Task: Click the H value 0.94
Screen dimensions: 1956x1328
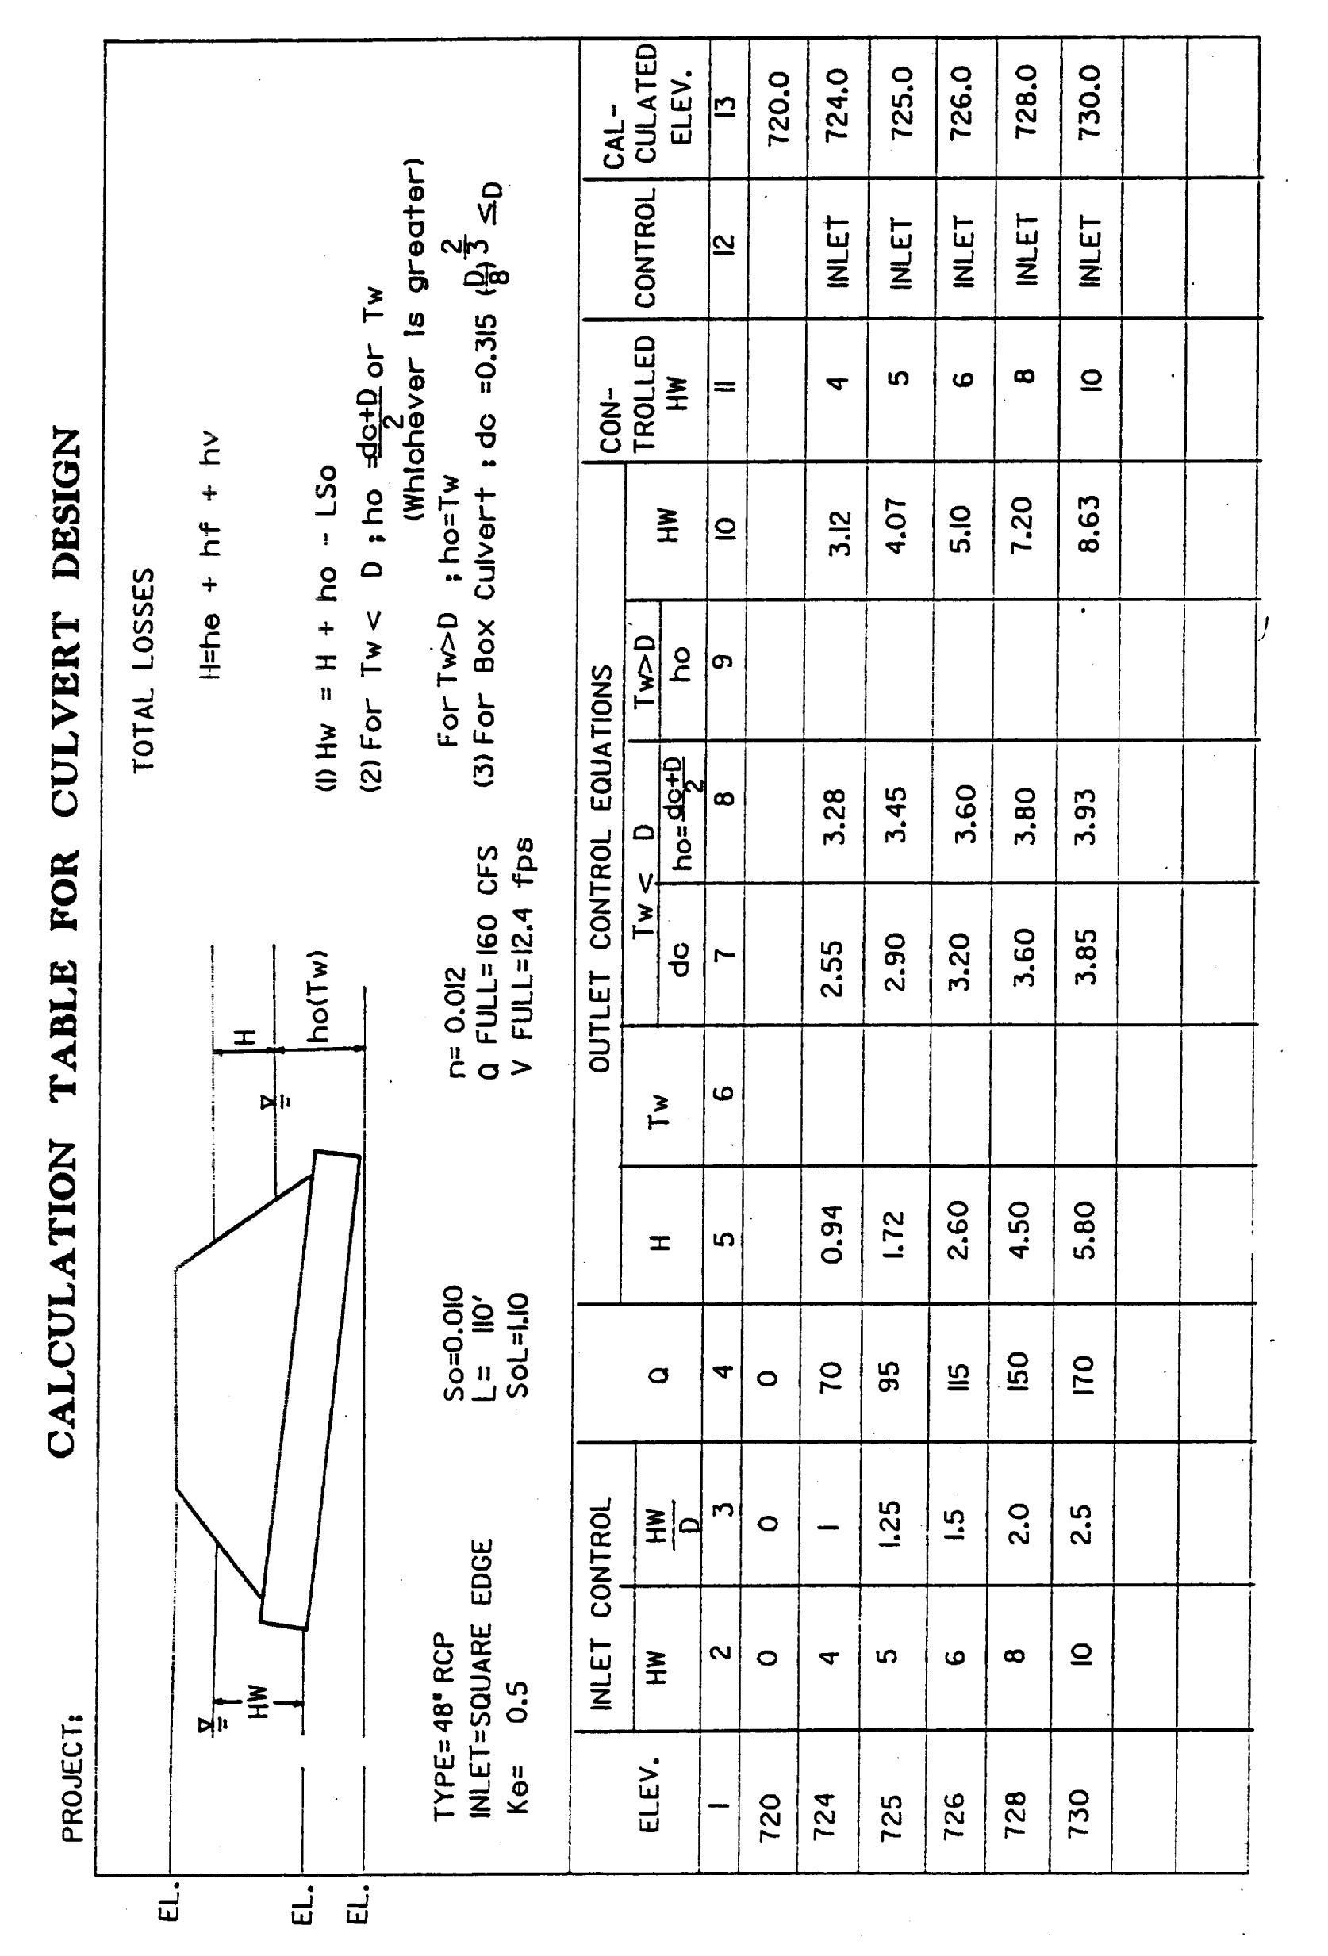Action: (832, 1235)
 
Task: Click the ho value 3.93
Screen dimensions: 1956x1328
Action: (1088, 815)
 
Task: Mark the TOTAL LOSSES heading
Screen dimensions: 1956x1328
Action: (144, 669)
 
